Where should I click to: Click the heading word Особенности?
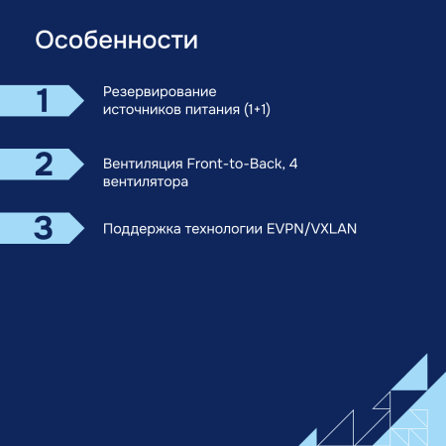[116, 41]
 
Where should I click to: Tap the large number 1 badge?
[42, 100]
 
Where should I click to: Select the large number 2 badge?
[42, 164]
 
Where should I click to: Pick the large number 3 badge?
[42, 227]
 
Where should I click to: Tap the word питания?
[207, 110]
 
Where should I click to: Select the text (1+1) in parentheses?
[257, 110]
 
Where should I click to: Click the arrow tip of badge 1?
[80, 100]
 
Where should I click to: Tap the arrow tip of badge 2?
[80, 164]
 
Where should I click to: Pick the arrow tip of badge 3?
[80, 227]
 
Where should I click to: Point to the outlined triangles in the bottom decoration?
[337, 428]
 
